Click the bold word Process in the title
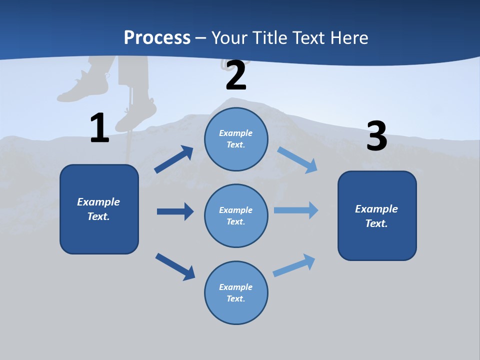pos(157,37)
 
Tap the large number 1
pos(99,128)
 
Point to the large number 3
pos(376,136)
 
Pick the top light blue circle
pos(236,139)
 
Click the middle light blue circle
pos(236,215)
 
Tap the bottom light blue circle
pos(236,292)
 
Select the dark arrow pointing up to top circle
pos(174,159)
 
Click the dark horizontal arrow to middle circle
pos(175,211)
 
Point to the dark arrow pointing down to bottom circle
pos(175,266)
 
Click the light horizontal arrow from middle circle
pos(296,210)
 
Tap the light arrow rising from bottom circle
pos(294,265)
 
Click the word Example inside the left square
pos(98,202)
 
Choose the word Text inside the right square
pos(375,223)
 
